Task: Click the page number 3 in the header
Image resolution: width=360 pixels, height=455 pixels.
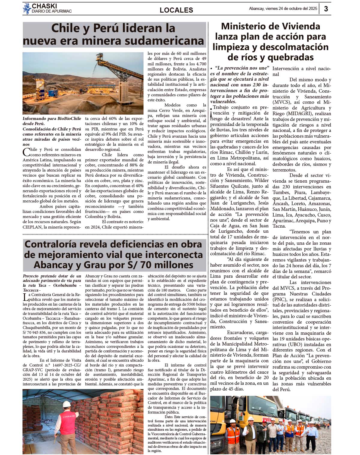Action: (x=326, y=9)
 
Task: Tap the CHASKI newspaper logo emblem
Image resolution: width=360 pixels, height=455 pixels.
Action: (x=27, y=9)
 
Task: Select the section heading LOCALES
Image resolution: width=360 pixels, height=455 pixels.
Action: (x=176, y=10)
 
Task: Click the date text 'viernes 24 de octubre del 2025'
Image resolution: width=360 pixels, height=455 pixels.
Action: (x=291, y=9)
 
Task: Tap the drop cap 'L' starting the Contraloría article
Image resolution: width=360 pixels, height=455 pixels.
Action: (x=25, y=297)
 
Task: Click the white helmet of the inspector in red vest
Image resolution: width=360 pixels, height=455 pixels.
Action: (x=67, y=404)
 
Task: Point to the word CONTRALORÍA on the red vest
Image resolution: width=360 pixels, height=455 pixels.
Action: (x=69, y=417)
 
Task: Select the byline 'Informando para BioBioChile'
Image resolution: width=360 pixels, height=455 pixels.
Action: (x=52, y=118)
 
